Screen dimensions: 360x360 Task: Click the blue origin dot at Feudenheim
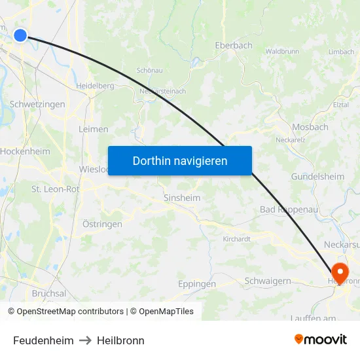(x=20, y=35)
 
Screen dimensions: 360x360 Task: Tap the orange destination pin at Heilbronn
(x=340, y=272)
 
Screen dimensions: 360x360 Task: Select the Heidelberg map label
(x=95, y=86)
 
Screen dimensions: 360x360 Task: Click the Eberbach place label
(x=234, y=46)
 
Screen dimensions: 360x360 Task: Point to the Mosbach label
(x=310, y=127)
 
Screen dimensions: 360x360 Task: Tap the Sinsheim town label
(x=182, y=198)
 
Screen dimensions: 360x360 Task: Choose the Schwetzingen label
(x=37, y=105)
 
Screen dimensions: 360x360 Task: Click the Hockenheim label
(x=25, y=151)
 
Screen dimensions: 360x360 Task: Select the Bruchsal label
(x=49, y=294)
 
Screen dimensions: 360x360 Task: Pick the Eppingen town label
(x=197, y=284)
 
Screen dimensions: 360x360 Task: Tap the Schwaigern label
(x=268, y=281)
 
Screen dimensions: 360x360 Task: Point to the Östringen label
(x=102, y=224)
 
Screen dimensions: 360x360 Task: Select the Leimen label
(x=93, y=130)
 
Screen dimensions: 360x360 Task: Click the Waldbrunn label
(x=283, y=51)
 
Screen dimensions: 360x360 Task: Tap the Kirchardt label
(x=237, y=240)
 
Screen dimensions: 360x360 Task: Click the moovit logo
(x=321, y=340)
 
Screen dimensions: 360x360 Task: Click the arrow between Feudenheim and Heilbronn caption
(x=85, y=340)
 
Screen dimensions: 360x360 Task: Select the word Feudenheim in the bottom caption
(x=43, y=340)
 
